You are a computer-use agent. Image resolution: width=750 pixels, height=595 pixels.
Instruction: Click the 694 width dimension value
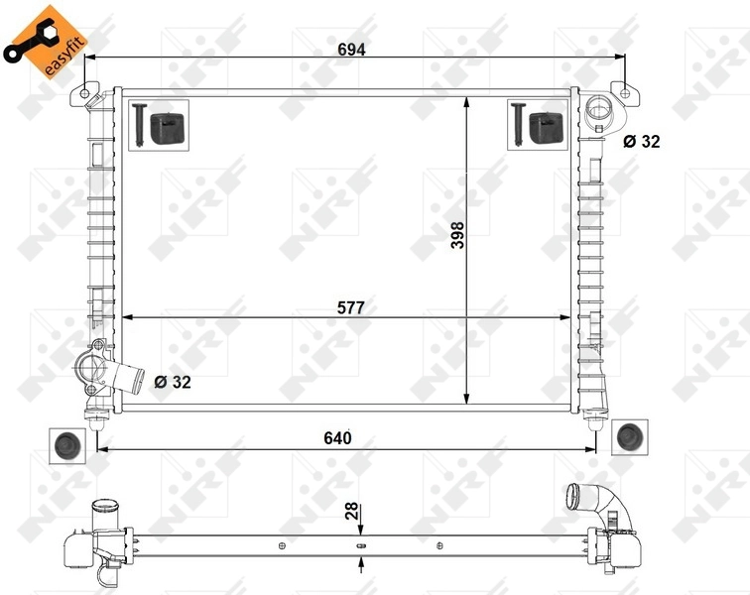coord(351,50)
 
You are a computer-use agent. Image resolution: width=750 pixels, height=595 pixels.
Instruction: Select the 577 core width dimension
coord(350,307)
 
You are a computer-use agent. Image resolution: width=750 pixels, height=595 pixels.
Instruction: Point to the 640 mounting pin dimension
coord(338,437)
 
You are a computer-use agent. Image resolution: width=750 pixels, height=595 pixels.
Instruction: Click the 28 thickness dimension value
coord(350,511)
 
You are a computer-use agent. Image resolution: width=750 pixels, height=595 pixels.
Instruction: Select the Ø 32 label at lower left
coord(173,381)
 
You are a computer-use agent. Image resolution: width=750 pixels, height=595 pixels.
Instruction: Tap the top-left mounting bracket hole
coord(84,93)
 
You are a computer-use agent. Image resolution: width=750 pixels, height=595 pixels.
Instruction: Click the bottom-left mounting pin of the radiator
coord(96,419)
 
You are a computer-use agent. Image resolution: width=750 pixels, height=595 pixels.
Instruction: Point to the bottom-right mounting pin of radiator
coord(595,419)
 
